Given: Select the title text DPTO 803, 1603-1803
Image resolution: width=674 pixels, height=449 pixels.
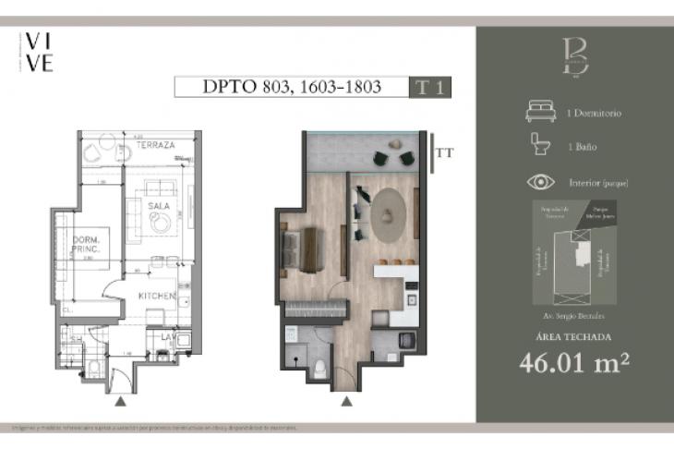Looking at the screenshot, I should click(x=291, y=88).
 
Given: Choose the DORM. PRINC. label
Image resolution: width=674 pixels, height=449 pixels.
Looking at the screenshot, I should click(x=89, y=245).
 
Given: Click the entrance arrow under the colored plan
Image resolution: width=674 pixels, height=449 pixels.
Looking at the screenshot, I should click(x=347, y=401).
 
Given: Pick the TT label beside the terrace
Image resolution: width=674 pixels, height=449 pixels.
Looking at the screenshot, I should click(x=445, y=151).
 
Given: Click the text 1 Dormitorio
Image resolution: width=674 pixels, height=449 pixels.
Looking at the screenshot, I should click(x=594, y=114).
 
